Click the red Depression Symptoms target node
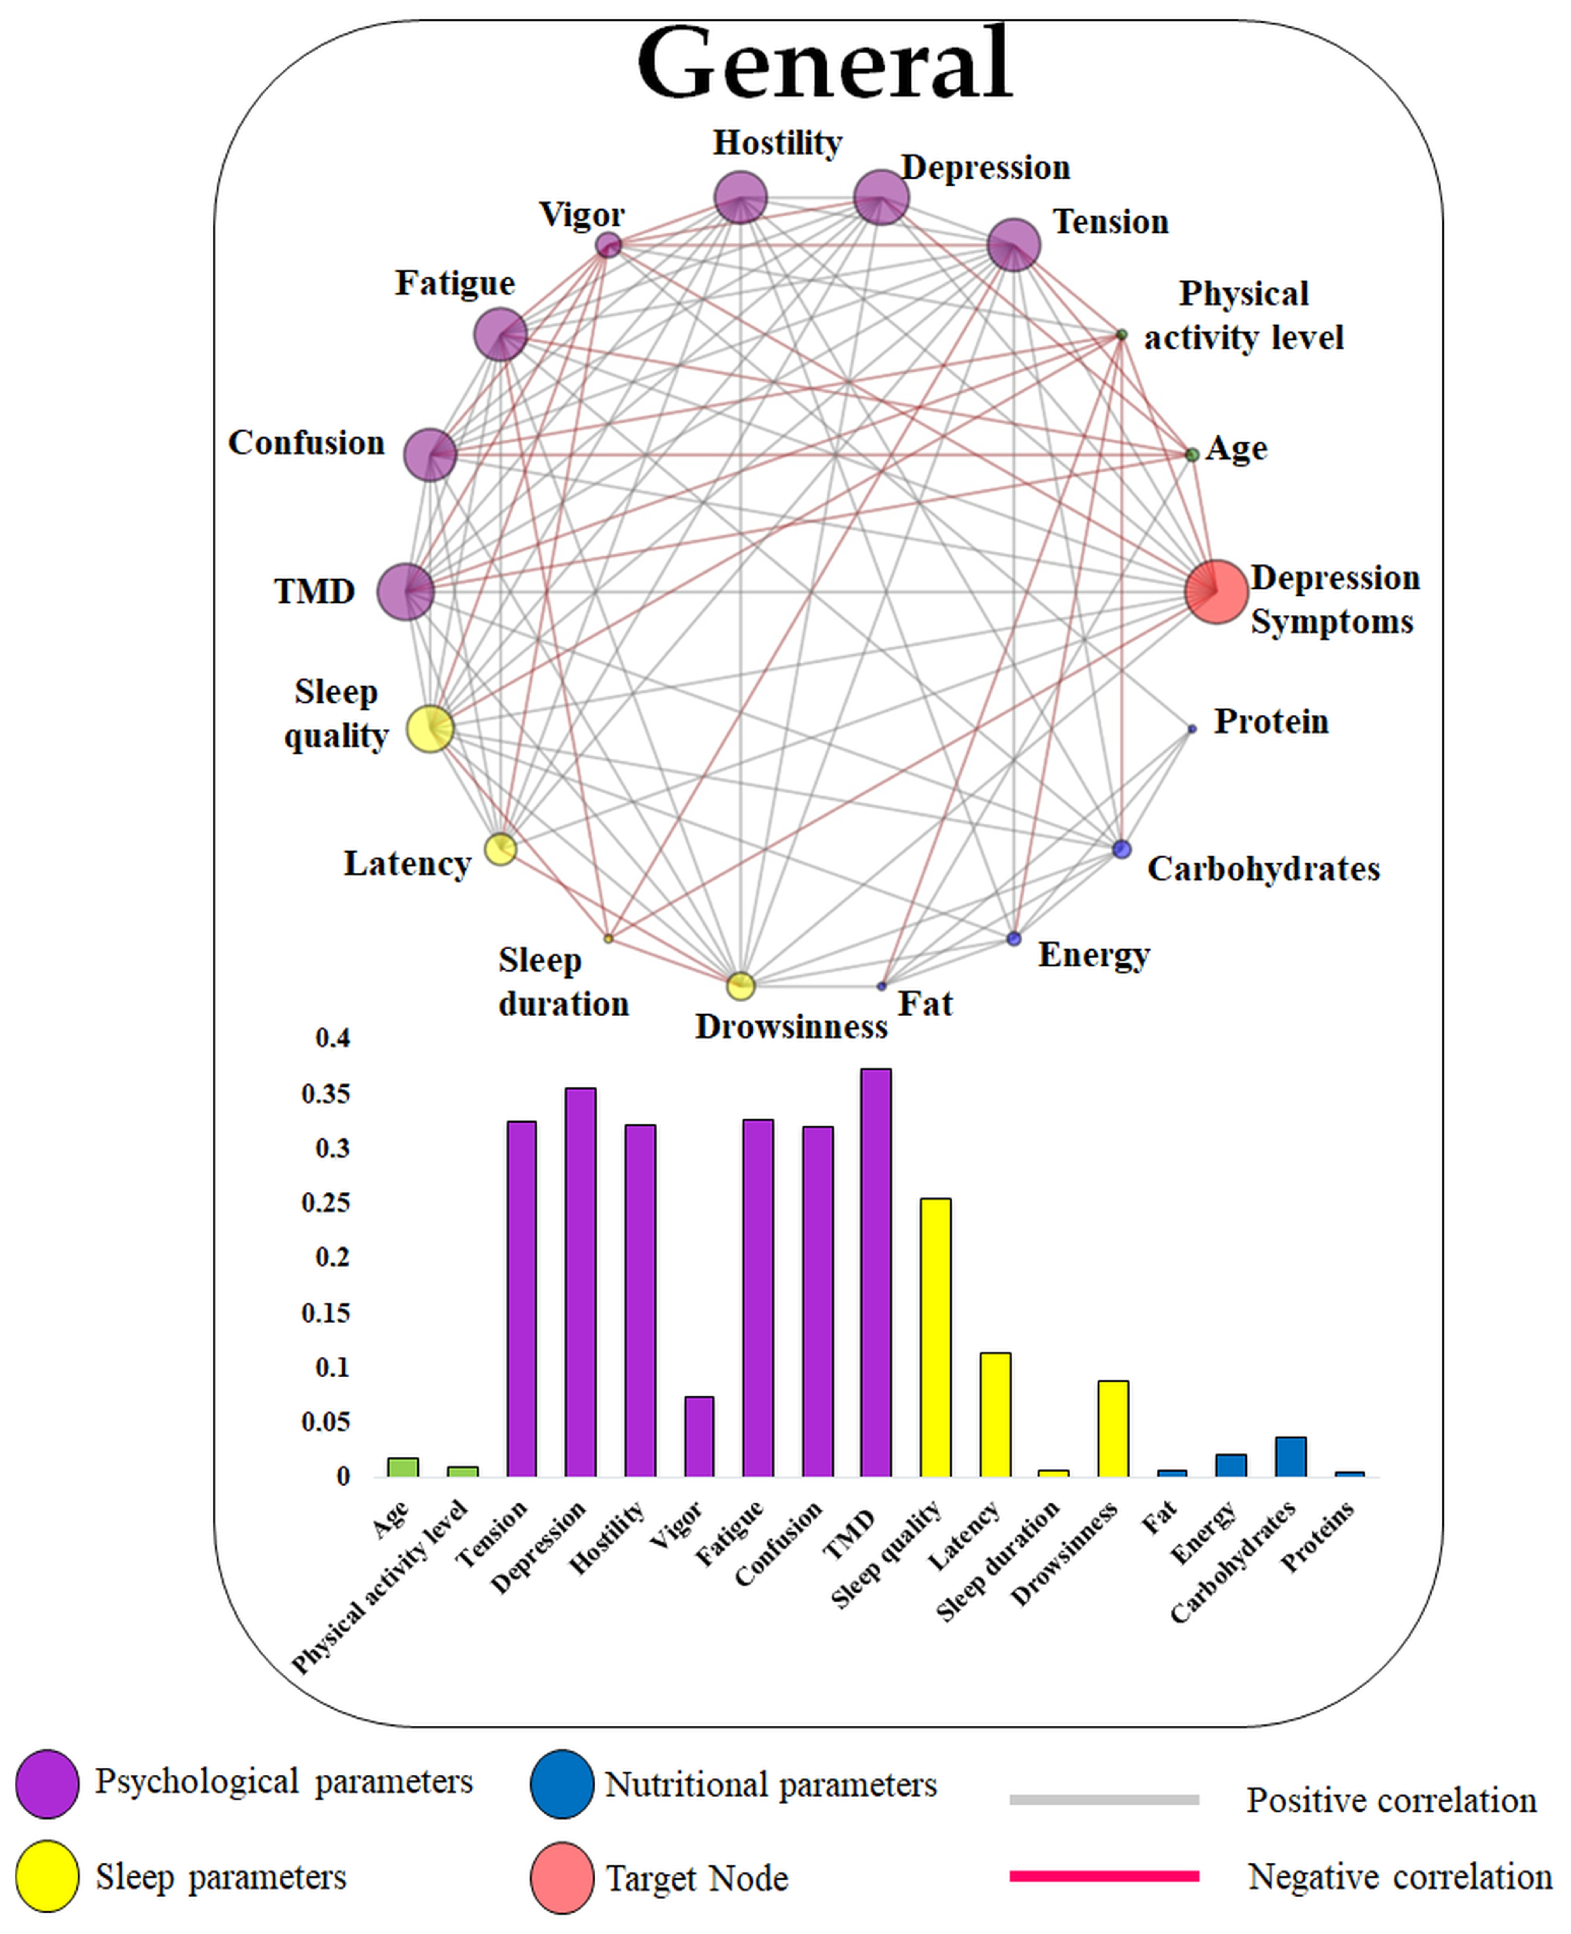click(x=1216, y=592)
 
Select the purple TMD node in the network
click(x=406, y=592)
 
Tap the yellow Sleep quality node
click(x=430, y=729)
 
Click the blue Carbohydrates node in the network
click(x=1121, y=849)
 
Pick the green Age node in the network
click(x=1192, y=454)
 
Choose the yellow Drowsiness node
click(x=741, y=985)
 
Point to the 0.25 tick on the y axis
click(x=326, y=1203)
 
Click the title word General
click(x=825, y=63)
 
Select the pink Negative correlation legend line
click(x=1104, y=1876)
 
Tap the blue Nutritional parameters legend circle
click(x=562, y=1784)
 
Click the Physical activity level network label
click(x=1244, y=315)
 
